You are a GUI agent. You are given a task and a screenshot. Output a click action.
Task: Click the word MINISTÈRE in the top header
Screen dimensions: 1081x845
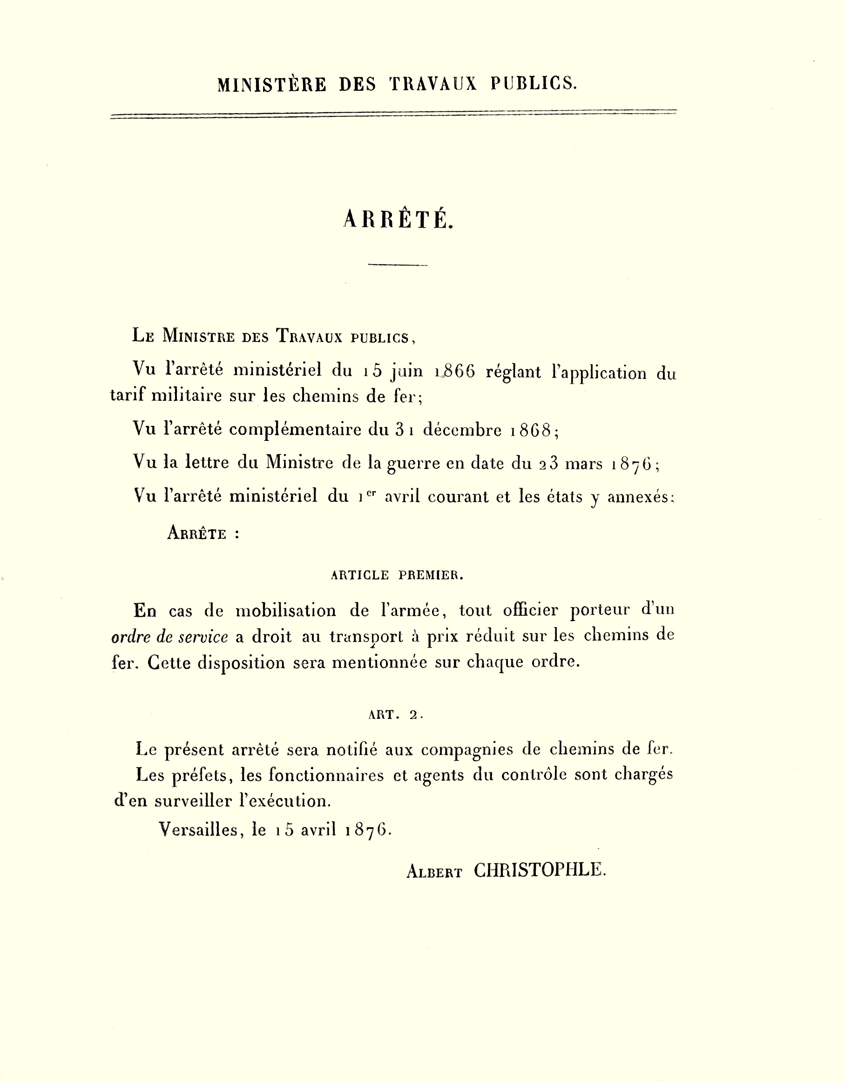tap(272, 84)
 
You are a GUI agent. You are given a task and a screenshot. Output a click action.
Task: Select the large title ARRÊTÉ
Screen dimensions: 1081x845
tap(398, 219)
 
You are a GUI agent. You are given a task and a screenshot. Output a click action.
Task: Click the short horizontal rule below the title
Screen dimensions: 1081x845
tap(398, 265)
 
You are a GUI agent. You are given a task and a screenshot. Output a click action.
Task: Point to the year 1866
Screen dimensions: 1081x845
tap(455, 371)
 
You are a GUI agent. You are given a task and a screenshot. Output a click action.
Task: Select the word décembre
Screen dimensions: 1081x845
tap(462, 430)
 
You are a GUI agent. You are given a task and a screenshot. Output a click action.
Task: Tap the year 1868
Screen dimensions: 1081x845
tap(532, 430)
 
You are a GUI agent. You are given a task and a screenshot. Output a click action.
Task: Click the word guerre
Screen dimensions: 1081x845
tap(413, 463)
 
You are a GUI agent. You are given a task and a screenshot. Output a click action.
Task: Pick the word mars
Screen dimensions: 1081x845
tap(584, 463)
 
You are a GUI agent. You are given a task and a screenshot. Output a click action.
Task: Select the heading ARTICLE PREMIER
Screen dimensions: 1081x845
tap(397, 575)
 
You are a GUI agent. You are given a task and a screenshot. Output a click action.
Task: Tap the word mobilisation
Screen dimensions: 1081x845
tap(286, 611)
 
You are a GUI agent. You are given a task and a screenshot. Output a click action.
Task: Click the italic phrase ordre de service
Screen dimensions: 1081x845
tap(170, 637)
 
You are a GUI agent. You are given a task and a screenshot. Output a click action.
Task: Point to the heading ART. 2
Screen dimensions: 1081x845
tap(396, 715)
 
